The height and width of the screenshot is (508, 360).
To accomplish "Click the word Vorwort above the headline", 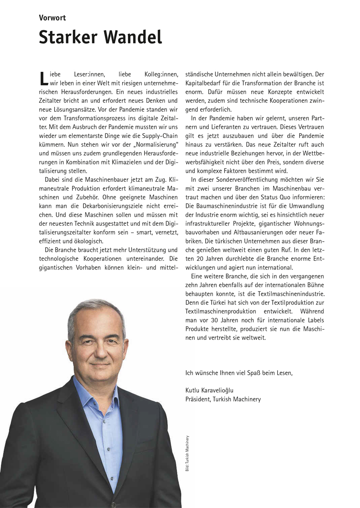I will tap(52, 18).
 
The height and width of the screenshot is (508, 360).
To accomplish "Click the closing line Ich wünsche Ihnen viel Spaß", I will tap(239, 372).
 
